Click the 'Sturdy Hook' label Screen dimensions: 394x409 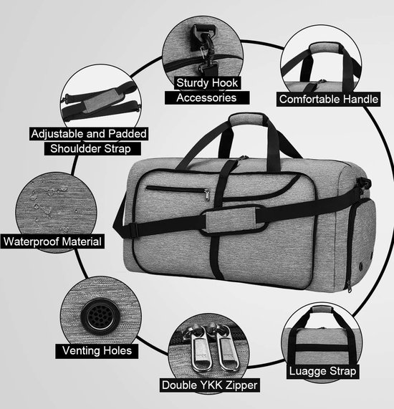(x=207, y=83)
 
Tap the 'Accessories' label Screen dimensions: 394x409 (x=206, y=98)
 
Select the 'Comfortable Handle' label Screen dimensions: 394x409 (x=329, y=99)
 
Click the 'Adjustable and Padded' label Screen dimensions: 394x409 (x=89, y=134)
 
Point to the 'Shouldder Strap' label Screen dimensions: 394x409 (x=90, y=149)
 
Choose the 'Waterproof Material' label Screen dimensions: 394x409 (x=52, y=241)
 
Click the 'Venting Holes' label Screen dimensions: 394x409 (x=97, y=350)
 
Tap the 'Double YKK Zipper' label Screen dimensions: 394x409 (x=209, y=385)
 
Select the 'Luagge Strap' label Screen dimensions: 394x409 (x=322, y=371)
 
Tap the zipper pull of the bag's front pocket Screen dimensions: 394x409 (x=207, y=195)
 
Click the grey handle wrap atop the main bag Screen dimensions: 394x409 (x=249, y=120)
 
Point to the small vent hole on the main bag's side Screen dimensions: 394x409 (x=361, y=266)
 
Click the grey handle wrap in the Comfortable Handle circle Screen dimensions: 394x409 (x=325, y=49)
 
